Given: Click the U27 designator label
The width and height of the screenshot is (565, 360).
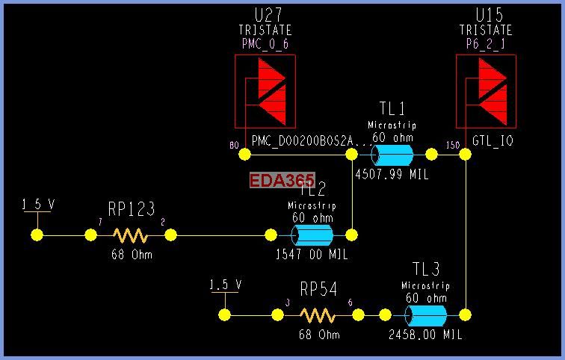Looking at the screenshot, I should click(265, 14).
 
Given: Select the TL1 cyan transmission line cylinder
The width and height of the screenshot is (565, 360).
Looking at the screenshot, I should click(392, 155).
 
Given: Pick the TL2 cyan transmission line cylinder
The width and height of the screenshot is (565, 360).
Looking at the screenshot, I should click(312, 235).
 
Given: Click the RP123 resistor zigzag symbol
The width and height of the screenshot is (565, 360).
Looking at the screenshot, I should click(130, 235).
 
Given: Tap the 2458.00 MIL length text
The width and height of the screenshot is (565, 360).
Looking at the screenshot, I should click(426, 335).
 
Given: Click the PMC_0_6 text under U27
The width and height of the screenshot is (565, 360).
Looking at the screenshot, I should click(265, 44).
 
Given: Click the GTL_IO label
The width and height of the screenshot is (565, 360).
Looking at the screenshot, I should click(493, 140).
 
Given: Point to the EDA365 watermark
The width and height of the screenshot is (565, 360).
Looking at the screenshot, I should click(282, 180).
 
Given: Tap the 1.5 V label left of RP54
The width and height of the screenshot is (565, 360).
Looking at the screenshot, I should click(225, 285).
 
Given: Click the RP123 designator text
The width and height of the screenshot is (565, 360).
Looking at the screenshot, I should click(131, 210).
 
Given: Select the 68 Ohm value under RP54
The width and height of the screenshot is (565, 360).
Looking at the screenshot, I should click(320, 335).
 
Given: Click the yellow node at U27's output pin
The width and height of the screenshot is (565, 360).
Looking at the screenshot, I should click(244, 155).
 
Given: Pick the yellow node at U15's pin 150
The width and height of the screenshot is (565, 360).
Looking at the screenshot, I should click(465, 155).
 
